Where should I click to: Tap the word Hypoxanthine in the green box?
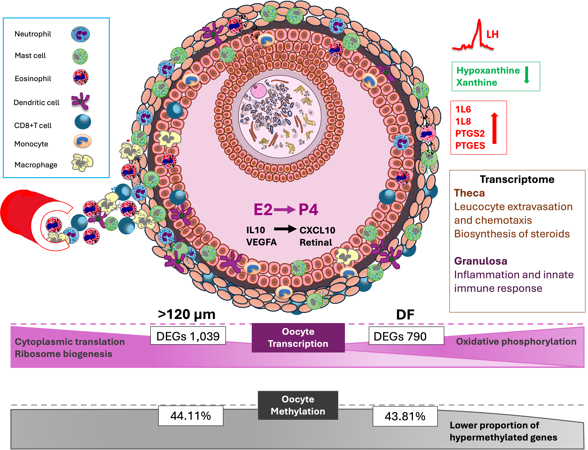click(x=488, y=70)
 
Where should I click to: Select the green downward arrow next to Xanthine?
click(x=527, y=75)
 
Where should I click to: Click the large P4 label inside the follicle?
click(x=308, y=209)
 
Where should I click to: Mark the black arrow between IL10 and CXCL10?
click(x=285, y=229)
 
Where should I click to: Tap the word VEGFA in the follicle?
click(x=261, y=242)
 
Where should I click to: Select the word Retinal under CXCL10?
click(x=316, y=242)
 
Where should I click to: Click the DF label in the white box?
click(x=405, y=315)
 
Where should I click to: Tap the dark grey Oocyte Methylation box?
click(x=298, y=405)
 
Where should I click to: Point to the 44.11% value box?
click(x=191, y=416)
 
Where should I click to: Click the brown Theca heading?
click(x=469, y=193)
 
